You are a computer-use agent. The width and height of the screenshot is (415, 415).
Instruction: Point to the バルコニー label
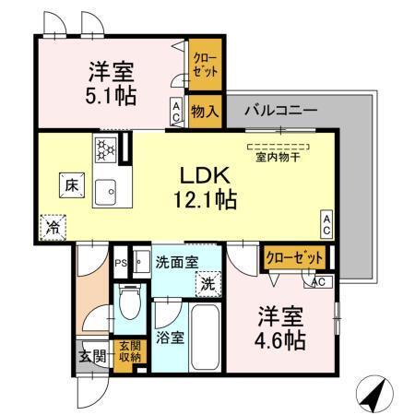[x=280, y=111]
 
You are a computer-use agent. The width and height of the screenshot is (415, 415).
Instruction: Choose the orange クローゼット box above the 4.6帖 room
[x=294, y=258]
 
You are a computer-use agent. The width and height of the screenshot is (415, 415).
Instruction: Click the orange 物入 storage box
[x=205, y=113]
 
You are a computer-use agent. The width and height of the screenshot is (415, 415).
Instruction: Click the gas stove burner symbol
[x=104, y=147]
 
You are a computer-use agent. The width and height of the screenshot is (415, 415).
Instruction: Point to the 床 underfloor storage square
[x=70, y=184]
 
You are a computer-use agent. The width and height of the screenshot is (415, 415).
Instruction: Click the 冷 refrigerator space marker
[x=53, y=224]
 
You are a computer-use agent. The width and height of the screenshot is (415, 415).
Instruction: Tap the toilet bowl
[x=128, y=303]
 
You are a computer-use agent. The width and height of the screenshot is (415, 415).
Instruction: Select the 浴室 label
[x=171, y=338]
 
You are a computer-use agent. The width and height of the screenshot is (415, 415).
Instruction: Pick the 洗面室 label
[x=176, y=262]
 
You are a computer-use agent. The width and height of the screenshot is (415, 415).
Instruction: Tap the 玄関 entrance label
[x=89, y=355]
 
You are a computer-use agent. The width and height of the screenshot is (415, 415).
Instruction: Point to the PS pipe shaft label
[x=119, y=263]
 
